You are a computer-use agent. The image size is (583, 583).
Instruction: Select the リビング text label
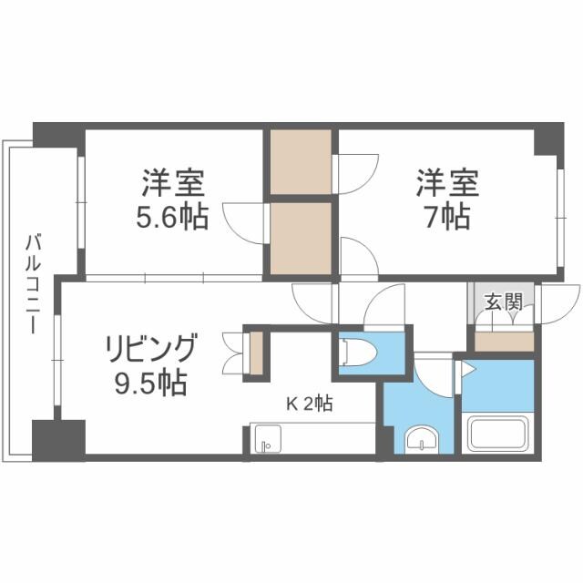151,350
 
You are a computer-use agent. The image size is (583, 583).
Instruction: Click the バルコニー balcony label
33,282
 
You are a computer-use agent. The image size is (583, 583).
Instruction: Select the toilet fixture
357,351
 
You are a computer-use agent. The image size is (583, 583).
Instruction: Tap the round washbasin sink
422,441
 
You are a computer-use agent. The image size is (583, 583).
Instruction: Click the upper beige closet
302,162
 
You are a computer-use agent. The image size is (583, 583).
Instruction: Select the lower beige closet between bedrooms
302,237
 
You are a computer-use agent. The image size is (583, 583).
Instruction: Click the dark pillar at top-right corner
549,138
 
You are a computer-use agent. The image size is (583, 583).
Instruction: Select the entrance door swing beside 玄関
556,302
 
